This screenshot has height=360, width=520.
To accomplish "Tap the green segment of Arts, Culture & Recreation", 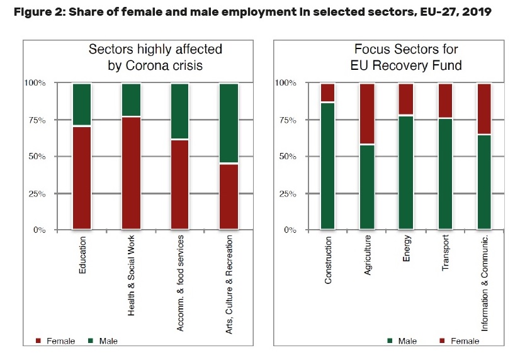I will (x=229, y=123).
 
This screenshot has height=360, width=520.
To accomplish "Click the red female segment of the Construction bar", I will (x=327, y=92).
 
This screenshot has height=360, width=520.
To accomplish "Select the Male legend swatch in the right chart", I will (x=392, y=341).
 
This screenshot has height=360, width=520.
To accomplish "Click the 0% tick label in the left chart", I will (x=39, y=230).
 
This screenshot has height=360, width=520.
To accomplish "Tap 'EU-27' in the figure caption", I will (x=431, y=11).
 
